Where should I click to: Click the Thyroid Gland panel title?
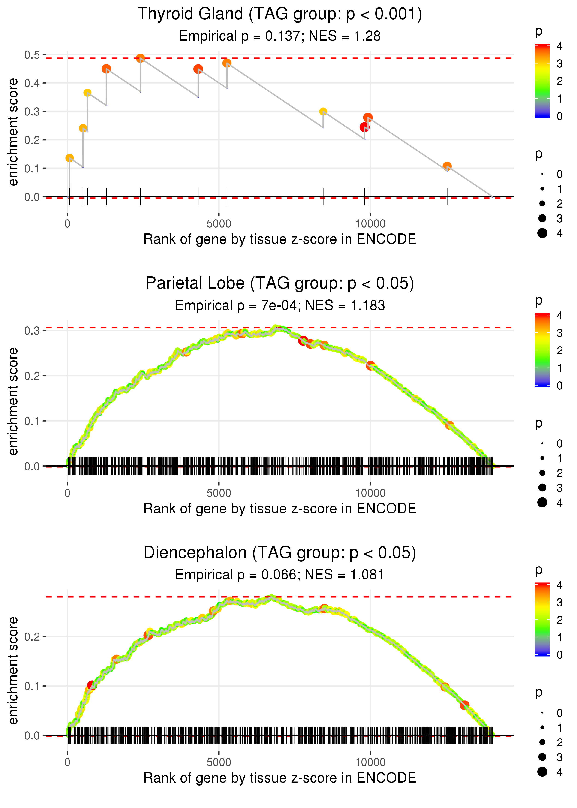[x=280, y=14]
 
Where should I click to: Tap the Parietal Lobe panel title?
[x=280, y=283]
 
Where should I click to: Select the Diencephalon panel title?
[x=280, y=552]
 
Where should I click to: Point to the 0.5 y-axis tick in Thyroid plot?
[x=32, y=55]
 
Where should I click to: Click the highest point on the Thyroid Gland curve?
[x=140, y=58]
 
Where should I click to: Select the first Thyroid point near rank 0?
[x=70, y=158]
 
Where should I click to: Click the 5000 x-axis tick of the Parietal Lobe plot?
[x=219, y=493]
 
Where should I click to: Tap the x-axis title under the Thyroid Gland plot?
[x=280, y=239]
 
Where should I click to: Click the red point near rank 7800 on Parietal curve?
[x=303, y=341]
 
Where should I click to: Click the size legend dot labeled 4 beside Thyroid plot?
[x=542, y=233]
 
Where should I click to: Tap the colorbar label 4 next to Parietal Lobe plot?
[x=560, y=316]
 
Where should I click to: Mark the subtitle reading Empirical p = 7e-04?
[x=280, y=306]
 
